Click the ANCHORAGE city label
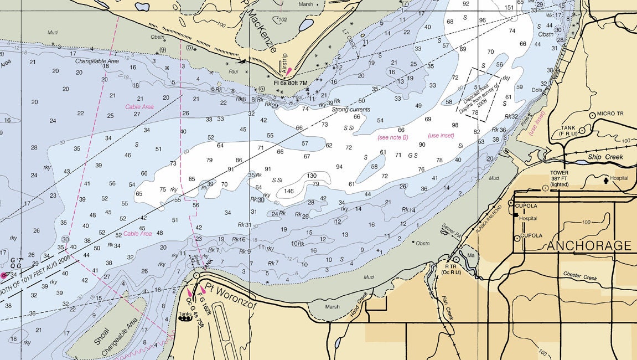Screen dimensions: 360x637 pyautogui.click(x=589, y=245)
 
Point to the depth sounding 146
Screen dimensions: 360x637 pyautogui.click(x=289, y=191)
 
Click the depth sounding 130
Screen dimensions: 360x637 pyautogui.click(x=312, y=176)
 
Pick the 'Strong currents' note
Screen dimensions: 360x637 pyautogui.click(x=351, y=110)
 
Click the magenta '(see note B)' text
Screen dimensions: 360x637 pyautogui.click(x=392, y=137)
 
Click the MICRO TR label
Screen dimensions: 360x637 pyautogui.click(x=613, y=114)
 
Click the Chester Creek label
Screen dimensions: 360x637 pyautogui.click(x=579, y=274)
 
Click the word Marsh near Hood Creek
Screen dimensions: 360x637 pyautogui.click(x=332, y=306)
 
